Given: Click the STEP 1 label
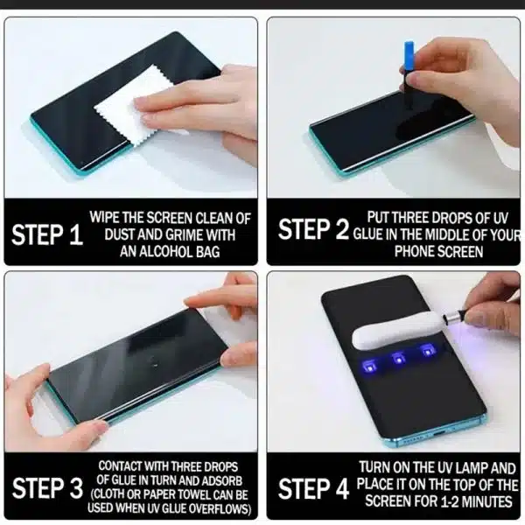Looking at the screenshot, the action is (x=47, y=234).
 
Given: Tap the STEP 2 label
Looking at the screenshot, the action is (x=313, y=229).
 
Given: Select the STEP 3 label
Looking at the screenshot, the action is (x=47, y=487).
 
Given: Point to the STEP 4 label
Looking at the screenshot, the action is (x=313, y=488).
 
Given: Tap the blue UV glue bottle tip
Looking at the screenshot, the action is (x=409, y=52).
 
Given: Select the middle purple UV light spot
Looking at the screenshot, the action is (x=399, y=360).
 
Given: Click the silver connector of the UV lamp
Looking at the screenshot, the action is (x=453, y=318).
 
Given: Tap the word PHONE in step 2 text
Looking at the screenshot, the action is (x=413, y=251).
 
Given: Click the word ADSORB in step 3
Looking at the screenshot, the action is (x=221, y=480).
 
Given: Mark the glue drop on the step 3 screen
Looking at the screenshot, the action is (x=155, y=363).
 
